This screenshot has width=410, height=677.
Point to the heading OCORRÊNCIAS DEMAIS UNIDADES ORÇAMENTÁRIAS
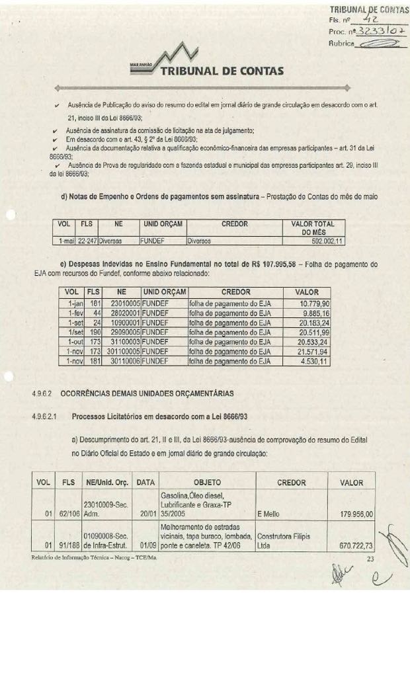tap(147, 393)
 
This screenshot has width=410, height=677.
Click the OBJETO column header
tap(207, 483)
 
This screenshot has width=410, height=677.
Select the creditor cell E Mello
tap(268, 514)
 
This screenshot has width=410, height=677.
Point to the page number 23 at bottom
tap(370, 559)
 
